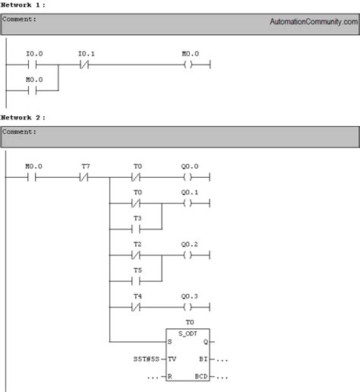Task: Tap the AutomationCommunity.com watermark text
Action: click(313, 23)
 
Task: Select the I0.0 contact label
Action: click(34, 55)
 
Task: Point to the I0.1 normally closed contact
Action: click(85, 65)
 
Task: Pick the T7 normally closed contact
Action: click(85, 178)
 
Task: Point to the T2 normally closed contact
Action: click(137, 255)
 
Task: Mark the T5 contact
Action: click(137, 280)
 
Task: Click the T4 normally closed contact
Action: click(137, 308)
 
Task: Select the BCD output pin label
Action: click(201, 376)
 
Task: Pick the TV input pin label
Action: click(172, 358)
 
